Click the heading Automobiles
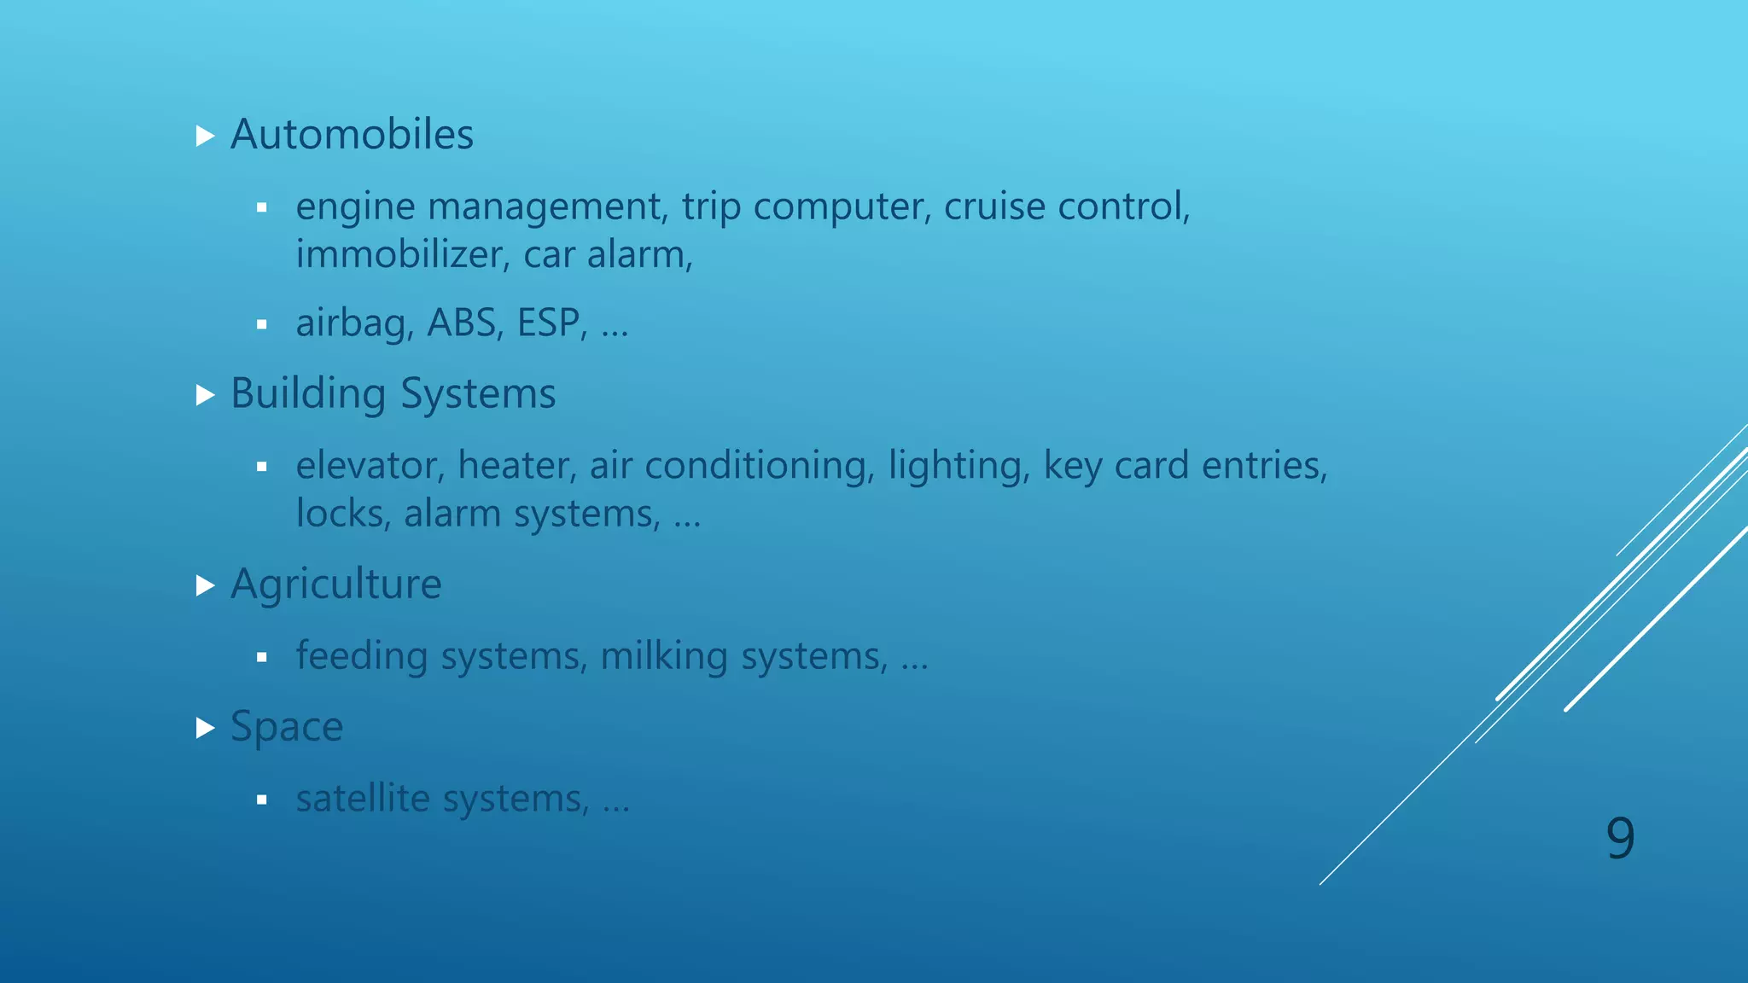(352, 135)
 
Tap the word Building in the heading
(308, 394)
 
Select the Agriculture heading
(336, 585)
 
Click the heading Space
(287, 727)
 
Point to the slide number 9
(1620, 838)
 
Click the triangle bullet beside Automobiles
(205, 136)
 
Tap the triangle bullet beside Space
(205, 728)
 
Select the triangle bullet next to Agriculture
(205, 585)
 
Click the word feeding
(362, 657)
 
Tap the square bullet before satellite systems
(262, 800)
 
